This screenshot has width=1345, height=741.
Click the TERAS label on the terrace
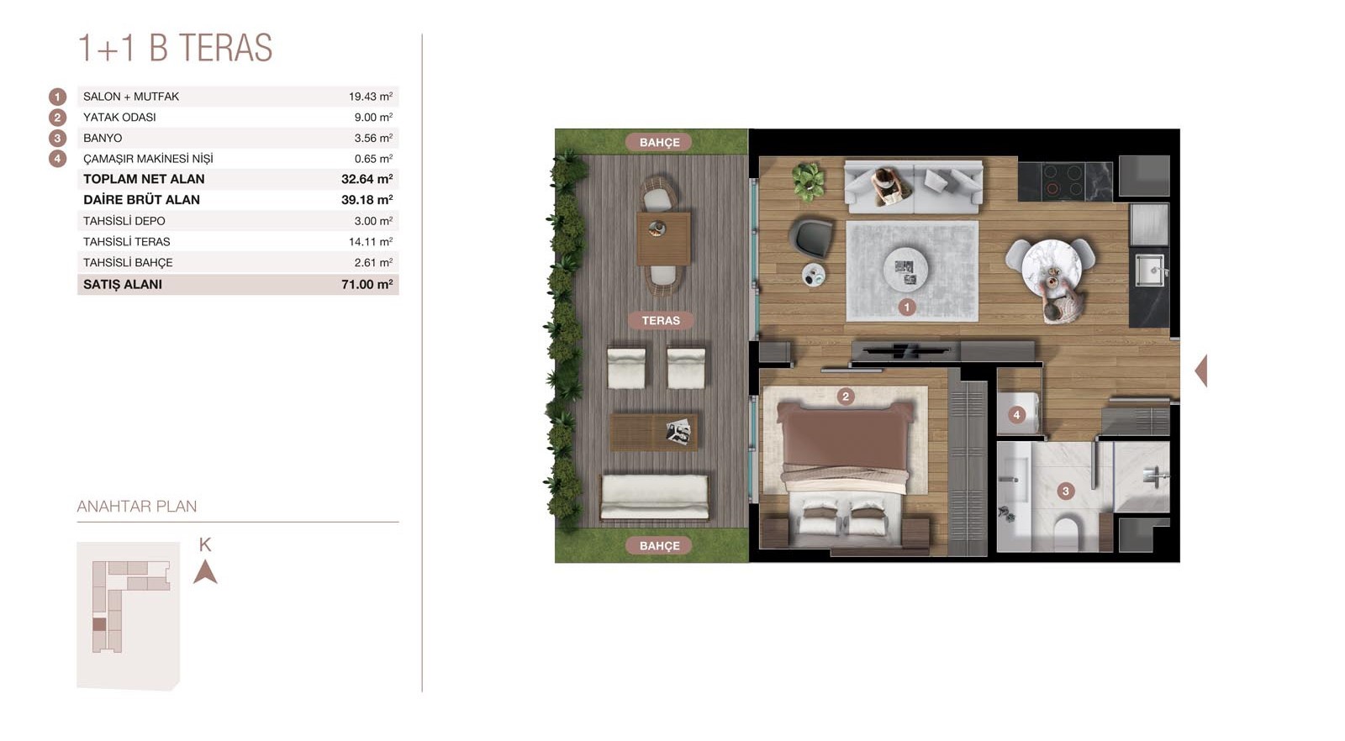pyautogui.click(x=661, y=320)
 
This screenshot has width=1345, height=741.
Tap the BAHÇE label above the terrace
pyautogui.click(x=659, y=142)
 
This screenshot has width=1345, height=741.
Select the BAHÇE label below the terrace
pyautogui.click(x=659, y=545)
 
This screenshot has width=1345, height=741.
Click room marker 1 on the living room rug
pyautogui.click(x=907, y=307)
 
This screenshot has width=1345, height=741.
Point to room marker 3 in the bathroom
pyautogui.click(x=1066, y=491)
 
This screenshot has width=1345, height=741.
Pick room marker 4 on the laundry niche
pyautogui.click(x=1016, y=414)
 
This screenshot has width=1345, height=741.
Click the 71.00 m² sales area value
pyautogui.click(x=367, y=285)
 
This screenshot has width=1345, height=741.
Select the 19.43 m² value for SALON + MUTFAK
pyautogui.click(x=371, y=97)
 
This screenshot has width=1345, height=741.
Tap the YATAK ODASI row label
pyautogui.click(x=119, y=118)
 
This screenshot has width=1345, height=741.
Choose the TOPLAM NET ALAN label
pyautogui.click(x=144, y=179)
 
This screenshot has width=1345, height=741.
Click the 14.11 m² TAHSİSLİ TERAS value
pyautogui.click(x=371, y=242)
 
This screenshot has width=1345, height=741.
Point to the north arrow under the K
pyautogui.click(x=205, y=572)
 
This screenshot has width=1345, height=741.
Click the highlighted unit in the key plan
pyautogui.click(x=100, y=624)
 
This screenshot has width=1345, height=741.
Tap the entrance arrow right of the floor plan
pyautogui.click(x=1201, y=370)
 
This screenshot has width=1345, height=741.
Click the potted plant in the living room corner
pyautogui.click(x=808, y=181)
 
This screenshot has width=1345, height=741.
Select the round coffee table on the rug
pyautogui.click(x=905, y=270)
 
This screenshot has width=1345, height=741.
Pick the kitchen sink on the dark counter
pyautogui.click(x=1151, y=270)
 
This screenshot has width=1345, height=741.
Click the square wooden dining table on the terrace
pyautogui.click(x=663, y=239)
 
